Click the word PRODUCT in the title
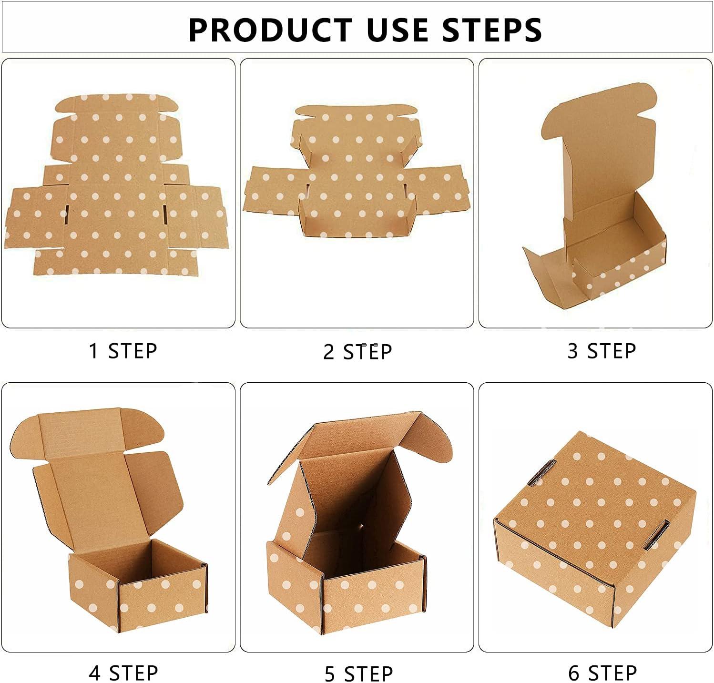(270, 30)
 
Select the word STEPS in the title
(492, 30)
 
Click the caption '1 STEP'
(123, 351)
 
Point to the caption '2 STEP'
(357, 352)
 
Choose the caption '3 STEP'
(602, 351)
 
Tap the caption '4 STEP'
(123, 673)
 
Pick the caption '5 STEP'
(358, 674)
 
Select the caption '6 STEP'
(602, 673)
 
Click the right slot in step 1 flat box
(164, 215)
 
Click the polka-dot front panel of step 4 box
(162, 596)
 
